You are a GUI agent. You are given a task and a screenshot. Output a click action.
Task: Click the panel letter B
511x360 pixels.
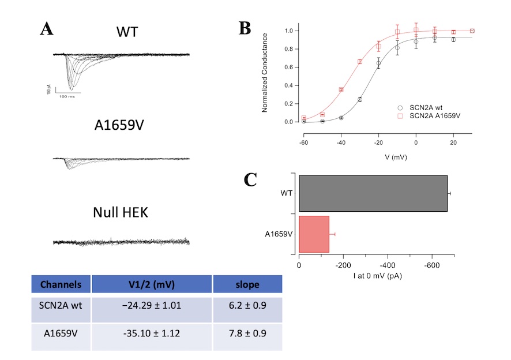[x=245, y=28]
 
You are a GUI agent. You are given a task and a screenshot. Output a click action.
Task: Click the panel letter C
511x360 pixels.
[x=250, y=180]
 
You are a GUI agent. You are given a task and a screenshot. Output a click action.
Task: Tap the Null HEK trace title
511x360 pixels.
[x=121, y=212]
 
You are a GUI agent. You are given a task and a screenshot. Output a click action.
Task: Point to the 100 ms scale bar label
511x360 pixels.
[x=66, y=96]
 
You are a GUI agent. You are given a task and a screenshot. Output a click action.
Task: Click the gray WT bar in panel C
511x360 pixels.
[x=373, y=193]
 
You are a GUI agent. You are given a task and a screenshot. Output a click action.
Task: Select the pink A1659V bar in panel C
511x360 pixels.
[x=314, y=234]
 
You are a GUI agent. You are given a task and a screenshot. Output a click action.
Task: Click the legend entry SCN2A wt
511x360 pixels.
[x=427, y=107]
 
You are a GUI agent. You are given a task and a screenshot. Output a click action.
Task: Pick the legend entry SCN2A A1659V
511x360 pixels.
[x=433, y=116]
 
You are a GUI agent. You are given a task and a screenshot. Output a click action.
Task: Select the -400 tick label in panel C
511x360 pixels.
[x=387, y=265]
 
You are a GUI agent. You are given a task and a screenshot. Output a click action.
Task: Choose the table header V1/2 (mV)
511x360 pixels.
[x=152, y=284]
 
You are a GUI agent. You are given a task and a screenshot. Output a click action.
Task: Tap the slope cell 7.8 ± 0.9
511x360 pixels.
[x=247, y=336]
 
